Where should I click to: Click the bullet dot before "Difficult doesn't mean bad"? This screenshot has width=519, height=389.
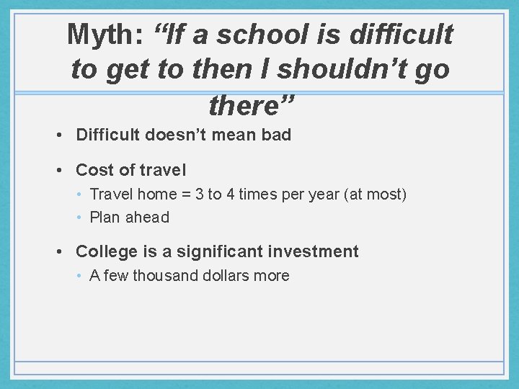tap(64, 135)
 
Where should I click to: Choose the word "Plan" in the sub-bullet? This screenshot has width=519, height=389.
tap(105, 218)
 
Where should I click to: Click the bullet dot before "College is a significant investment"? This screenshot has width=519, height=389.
tap(64, 251)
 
